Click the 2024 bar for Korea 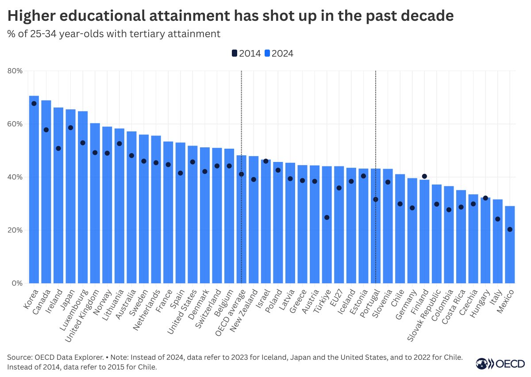[34, 190]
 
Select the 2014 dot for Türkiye [327, 217]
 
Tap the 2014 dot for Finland [424, 176]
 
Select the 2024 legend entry [279, 54]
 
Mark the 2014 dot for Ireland [58, 148]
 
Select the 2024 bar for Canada [46, 192]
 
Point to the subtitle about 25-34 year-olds [114, 34]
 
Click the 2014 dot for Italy [497, 219]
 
